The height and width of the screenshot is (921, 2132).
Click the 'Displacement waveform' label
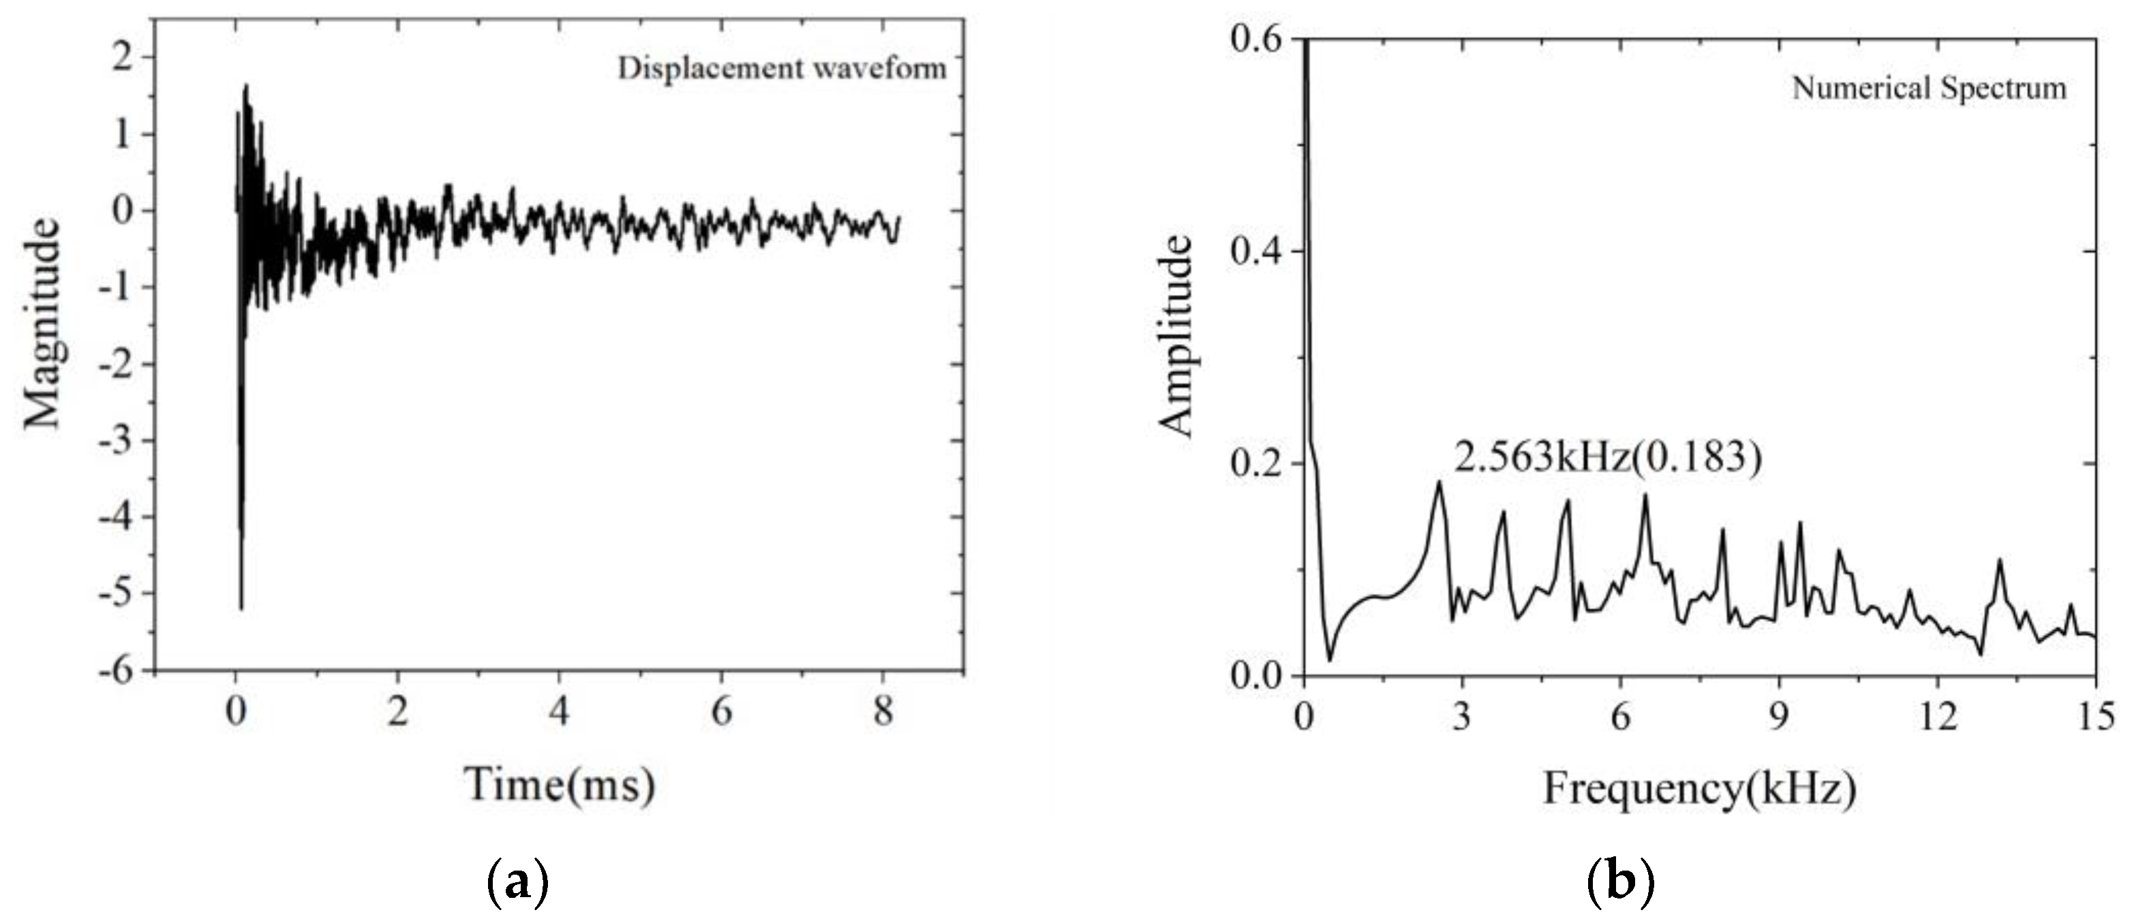[x=781, y=69]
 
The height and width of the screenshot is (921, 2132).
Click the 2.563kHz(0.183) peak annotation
[x=1608, y=458]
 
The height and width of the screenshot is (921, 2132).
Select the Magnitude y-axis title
[x=42, y=324]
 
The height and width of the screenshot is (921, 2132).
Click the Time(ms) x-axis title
[x=560, y=785]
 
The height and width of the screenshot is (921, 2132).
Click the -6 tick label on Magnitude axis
[x=115, y=670]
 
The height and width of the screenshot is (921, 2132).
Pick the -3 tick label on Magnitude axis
[x=115, y=440]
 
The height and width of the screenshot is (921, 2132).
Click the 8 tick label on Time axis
[x=883, y=713]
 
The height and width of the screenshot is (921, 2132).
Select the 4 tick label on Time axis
[x=560, y=713]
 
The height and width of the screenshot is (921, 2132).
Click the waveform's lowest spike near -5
[x=241, y=609]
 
